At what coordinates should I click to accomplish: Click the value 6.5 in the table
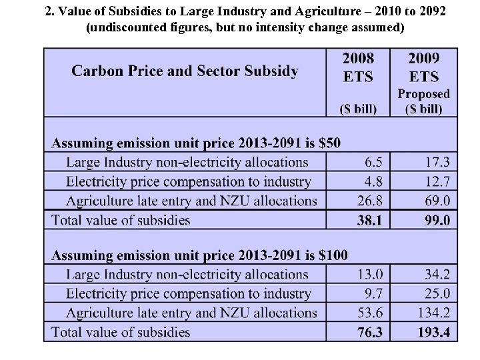(x=373, y=162)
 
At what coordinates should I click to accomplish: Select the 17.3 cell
(x=437, y=162)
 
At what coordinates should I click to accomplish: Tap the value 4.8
(x=373, y=181)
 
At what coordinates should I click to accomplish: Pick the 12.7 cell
(x=437, y=181)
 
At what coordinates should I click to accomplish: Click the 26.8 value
(x=370, y=201)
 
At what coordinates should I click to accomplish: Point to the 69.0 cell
(x=437, y=201)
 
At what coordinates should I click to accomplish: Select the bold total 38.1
(x=369, y=221)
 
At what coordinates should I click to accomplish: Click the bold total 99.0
(x=437, y=221)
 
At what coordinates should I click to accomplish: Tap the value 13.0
(x=370, y=274)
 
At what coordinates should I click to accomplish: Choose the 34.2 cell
(x=437, y=274)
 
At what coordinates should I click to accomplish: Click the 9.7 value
(x=373, y=293)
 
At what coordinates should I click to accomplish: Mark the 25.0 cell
(x=437, y=293)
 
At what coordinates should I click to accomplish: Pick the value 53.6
(x=370, y=313)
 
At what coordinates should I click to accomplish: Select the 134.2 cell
(x=433, y=313)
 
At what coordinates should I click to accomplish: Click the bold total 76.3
(x=369, y=333)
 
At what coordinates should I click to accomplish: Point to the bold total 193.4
(x=433, y=333)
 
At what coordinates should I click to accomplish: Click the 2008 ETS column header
(x=359, y=67)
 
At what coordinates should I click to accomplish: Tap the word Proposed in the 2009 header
(x=424, y=94)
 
